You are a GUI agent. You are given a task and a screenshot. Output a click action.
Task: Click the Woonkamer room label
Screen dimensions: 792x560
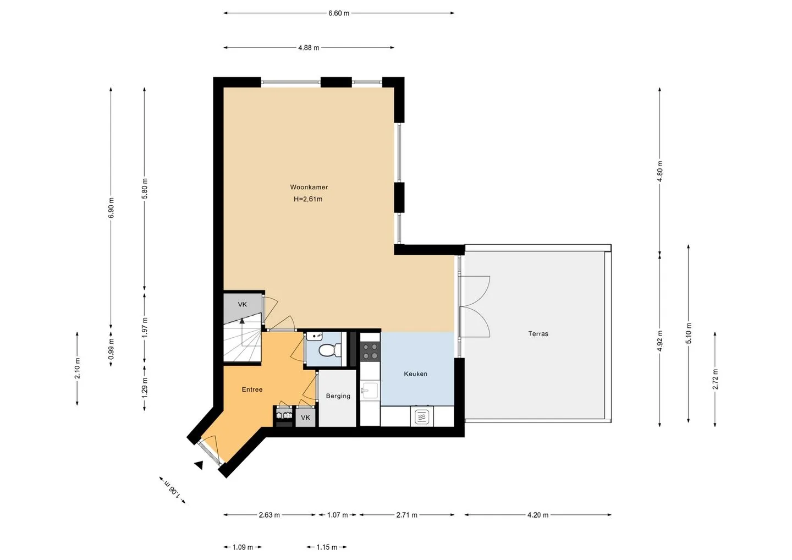click(309, 187)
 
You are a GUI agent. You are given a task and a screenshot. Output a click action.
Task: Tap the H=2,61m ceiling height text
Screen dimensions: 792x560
click(308, 199)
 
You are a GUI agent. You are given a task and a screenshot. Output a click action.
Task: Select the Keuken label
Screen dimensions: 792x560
click(415, 374)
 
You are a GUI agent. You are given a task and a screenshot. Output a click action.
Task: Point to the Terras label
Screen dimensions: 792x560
click(538, 333)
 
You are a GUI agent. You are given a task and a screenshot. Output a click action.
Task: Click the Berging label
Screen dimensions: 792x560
click(338, 396)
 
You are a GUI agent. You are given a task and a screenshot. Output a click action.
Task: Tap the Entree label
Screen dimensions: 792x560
click(252, 389)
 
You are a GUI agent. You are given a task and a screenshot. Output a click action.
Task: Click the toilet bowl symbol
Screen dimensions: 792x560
click(327, 350)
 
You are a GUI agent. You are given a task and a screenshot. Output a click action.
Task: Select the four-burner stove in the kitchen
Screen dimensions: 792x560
click(370, 351)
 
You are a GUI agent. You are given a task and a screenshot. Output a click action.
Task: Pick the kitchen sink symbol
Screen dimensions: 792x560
click(370, 391)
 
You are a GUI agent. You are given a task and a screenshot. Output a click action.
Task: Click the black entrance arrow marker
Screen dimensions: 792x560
click(199, 465)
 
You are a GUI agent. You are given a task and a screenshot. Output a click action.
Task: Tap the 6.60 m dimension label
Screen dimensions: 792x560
click(339, 13)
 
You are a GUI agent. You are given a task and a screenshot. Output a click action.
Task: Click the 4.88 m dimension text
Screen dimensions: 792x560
click(309, 48)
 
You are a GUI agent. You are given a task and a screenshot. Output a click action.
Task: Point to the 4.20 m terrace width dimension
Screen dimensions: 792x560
click(538, 515)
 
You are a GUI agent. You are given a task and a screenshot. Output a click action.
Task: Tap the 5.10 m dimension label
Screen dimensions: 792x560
click(689, 333)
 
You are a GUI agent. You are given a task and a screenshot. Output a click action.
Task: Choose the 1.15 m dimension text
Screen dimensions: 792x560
click(327, 547)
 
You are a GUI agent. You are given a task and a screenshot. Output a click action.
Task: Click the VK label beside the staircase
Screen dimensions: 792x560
click(242, 304)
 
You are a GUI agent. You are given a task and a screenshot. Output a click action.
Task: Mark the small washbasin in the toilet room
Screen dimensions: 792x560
click(314, 336)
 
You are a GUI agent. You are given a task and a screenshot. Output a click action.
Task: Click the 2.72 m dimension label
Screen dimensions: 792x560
click(715, 379)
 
